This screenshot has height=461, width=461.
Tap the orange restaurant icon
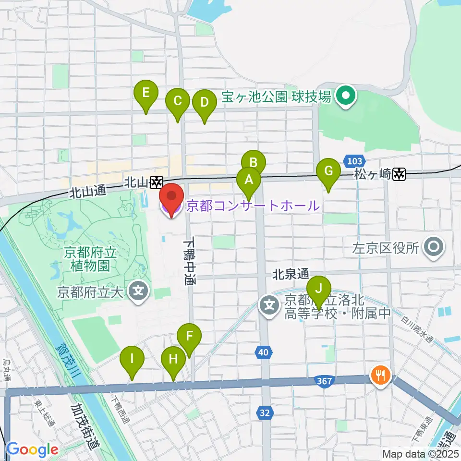click(382, 374)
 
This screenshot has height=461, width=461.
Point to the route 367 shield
click(325, 381)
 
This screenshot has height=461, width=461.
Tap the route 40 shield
click(262, 353)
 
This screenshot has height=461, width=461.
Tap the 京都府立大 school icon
click(139, 291)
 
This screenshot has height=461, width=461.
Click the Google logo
click(32, 450)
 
